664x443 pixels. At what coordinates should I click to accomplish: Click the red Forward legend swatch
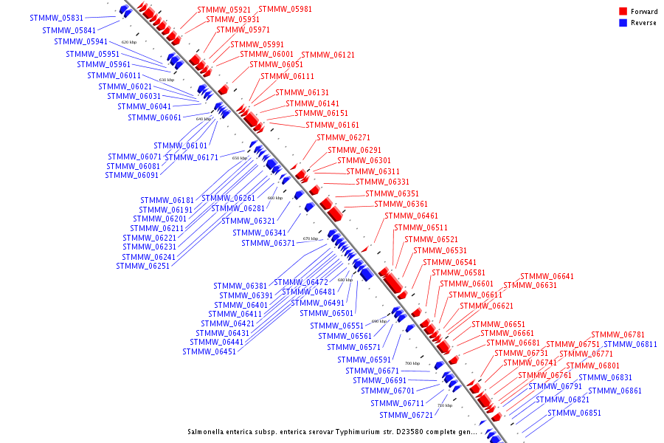(623, 12)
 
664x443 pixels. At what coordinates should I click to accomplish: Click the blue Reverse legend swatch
(623, 23)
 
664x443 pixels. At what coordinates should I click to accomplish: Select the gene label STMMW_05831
(57, 18)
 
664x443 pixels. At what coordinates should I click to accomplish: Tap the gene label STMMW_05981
(285, 9)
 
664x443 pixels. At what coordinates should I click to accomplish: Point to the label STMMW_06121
(328, 55)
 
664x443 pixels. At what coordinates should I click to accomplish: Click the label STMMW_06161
(332, 126)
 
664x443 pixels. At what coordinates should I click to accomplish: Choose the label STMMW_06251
(142, 267)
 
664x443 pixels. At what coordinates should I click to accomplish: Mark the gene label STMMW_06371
(268, 244)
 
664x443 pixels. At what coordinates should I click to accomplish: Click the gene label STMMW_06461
(411, 216)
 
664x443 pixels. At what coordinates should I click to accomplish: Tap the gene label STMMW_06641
(547, 277)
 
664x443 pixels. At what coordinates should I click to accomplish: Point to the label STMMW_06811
(630, 345)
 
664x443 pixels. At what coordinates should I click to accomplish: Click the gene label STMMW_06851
(574, 413)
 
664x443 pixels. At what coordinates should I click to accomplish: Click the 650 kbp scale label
(240, 158)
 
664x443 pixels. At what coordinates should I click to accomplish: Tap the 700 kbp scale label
(412, 363)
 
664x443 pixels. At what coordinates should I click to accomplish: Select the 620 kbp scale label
(129, 43)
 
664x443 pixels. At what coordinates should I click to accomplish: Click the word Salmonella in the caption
(210, 431)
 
